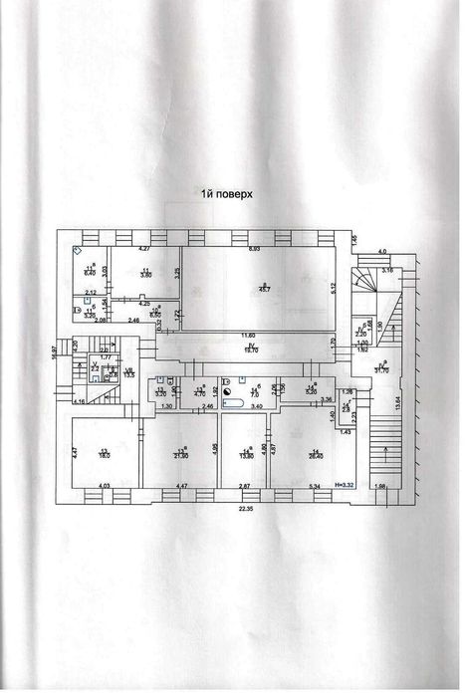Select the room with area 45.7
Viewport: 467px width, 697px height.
[x=261, y=288]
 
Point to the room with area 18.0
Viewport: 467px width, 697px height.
[x=104, y=453]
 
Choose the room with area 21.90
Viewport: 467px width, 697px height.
[x=180, y=453]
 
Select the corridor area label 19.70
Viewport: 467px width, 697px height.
[x=251, y=350]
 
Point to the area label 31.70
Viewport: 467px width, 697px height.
[x=380, y=370]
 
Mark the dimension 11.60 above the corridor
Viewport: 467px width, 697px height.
[x=246, y=336]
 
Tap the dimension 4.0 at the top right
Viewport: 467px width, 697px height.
[x=380, y=253]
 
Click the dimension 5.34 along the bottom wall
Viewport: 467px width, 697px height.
[x=315, y=485]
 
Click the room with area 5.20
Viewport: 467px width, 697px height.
[x=310, y=391]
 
